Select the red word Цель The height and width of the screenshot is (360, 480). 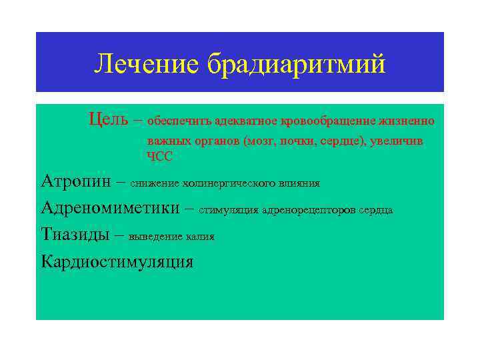tap(108, 120)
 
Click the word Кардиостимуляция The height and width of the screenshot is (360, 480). tap(117, 261)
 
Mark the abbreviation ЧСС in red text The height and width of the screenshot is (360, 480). tap(160, 156)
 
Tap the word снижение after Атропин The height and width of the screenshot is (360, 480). tap(154, 183)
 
